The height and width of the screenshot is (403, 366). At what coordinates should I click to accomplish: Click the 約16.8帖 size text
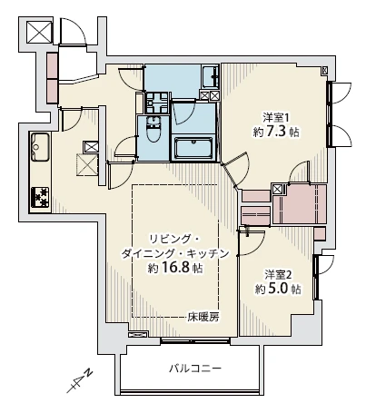click(175, 270)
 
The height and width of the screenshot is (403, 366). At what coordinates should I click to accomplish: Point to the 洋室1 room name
click(275, 117)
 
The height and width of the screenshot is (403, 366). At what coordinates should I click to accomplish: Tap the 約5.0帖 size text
click(276, 290)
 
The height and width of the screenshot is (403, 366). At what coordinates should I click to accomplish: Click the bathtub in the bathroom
click(192, 148)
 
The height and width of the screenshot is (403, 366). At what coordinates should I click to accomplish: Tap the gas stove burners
click(40, 194)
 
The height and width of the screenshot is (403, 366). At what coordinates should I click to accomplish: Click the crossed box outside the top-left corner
click(38, 32)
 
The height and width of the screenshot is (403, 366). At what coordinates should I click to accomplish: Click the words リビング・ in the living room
click(174, 237)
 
